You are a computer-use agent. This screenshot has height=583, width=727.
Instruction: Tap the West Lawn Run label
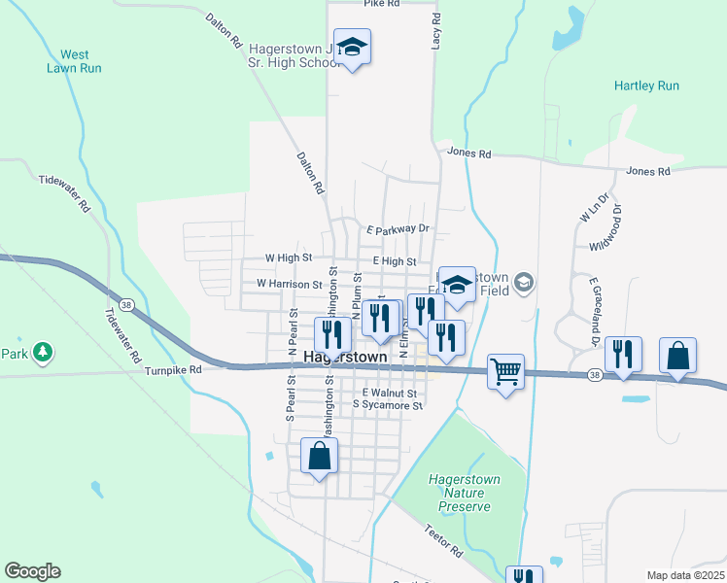pyautogui.click(x=75, y=61)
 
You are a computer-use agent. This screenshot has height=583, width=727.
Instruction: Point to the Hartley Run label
pyautogui.click(x=646, y=86)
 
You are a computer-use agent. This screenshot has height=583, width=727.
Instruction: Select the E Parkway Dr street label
pyautogui.click(x=398, y=228)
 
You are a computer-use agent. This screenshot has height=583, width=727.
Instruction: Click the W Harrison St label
pyautogui.click(x=289, y=284)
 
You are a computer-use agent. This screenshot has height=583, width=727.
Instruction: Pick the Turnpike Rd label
pyautogui.click(x=172, y=369)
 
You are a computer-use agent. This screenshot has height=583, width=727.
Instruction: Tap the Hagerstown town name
pyautogui.click(x=345, y=357)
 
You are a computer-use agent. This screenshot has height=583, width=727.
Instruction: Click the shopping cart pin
pyautogui.click(x=505, y=371)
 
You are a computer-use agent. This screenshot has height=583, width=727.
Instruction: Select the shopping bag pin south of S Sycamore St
pyautogui.click(x=320, y=456)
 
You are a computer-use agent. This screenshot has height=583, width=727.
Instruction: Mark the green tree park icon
pyautogui.click(x=42, y=352)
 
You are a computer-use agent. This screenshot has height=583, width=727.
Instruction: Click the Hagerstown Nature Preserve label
pyautogui.click(x=463, y=492)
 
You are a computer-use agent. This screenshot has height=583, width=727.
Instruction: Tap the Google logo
pyautogui.click(x=32, y=571)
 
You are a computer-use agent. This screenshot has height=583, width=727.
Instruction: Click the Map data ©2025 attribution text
pyautogui.click(x=684, y=575)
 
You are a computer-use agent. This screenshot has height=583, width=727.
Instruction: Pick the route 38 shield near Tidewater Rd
pyautogui.click(x=127, y=303)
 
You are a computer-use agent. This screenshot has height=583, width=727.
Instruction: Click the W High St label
pyautogui.click(x=289, y=258)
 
